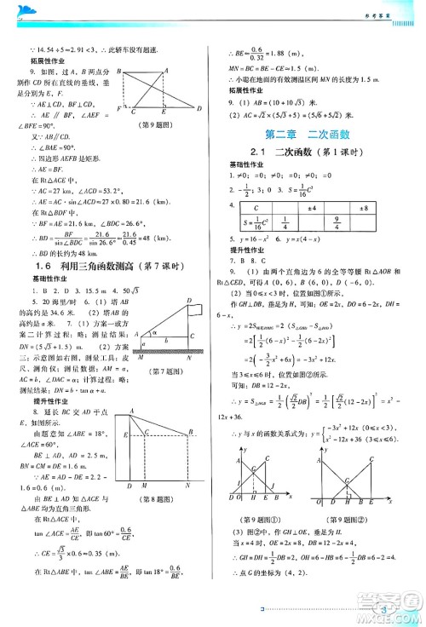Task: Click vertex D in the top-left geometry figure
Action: tap(199, 108)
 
